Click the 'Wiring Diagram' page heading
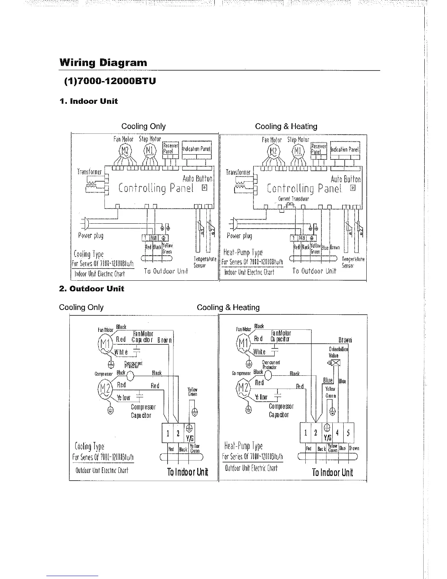[103, 63]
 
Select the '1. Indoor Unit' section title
[88, 101]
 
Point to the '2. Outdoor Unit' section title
[92, 289]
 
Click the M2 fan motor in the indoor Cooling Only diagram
[125, 151]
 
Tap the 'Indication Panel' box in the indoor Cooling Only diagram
[196, 149]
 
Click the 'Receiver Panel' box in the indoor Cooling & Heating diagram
[318, 149]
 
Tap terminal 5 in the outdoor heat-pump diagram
[348, 433]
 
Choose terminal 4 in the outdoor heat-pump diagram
[337, 433]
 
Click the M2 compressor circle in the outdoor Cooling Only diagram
[104, 388]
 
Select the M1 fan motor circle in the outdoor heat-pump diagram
[243, 344]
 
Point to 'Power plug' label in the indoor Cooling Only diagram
[91, 236]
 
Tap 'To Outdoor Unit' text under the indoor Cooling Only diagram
[166, 271]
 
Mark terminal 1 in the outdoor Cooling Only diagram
[167, 434]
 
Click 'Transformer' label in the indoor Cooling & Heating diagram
[238, 172]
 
